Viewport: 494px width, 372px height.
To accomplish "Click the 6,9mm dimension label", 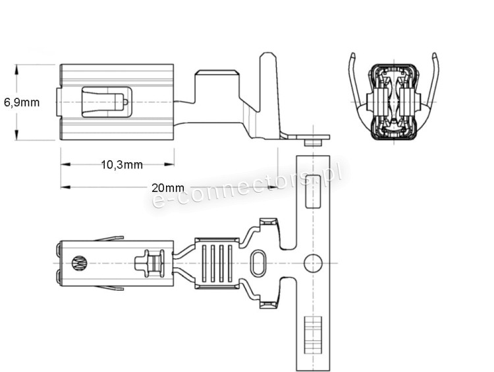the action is click(22, 102).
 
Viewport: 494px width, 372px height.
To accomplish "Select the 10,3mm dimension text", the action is click(122, 165).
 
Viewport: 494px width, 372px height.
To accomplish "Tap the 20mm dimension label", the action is click(167, 188).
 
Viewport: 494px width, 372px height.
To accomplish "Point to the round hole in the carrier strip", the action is click(313, 263).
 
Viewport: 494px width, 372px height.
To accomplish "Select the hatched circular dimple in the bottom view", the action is click(79, 263).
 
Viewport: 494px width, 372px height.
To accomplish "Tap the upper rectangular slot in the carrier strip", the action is click(313, 191).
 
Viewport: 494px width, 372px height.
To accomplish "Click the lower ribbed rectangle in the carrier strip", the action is click(313, 335).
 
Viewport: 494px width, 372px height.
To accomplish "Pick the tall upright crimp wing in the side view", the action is click(269, 95).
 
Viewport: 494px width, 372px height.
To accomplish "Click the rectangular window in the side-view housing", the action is click(107, 102).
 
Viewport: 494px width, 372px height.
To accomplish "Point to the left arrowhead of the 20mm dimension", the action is click(65, 187).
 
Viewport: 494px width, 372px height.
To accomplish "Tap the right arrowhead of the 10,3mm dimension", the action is click(169, 164).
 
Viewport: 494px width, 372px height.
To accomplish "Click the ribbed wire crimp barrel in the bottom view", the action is click(217, 263).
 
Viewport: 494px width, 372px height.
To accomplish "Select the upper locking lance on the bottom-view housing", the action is click(109, 239).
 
